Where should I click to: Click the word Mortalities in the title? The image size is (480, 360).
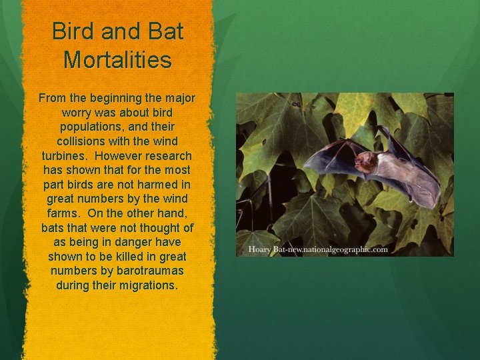pos(117,59)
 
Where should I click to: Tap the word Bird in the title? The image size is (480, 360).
pos(73,31)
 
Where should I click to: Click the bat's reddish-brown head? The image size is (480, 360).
pos(365,161)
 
